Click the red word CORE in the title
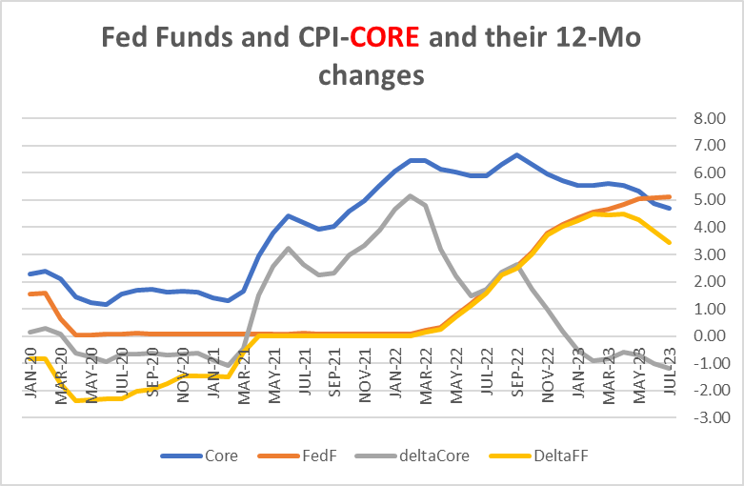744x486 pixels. pyautogui.click(x=386, y=38)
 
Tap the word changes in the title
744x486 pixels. pyautogui.click(x=372, y=75)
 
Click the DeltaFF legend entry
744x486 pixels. pyautogui.click(x=531, y=456)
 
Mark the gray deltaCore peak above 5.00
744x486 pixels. pyautogui.click(x=410, y=195)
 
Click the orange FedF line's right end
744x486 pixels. pyautogui.click(x=669, y=196)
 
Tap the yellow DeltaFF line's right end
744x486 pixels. pyautogui.click(x=669, y=242)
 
